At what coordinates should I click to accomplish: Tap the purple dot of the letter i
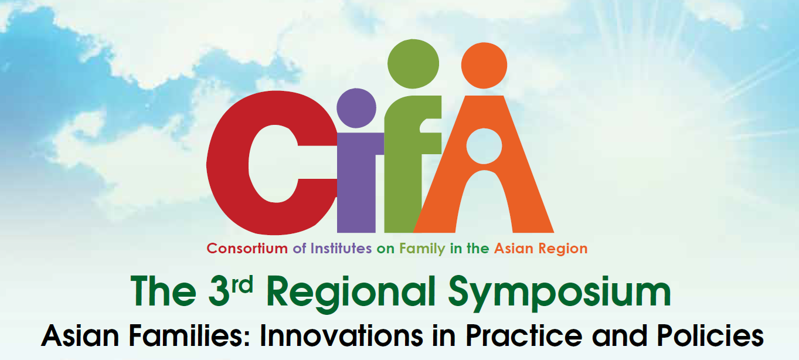coord(356,108)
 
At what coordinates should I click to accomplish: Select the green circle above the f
coord(413,64)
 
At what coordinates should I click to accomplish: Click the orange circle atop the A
coord(484,65)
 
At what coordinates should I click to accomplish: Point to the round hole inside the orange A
coord(484,146)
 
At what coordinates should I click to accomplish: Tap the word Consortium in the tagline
coord(247,249)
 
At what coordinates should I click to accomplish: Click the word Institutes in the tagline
coord(341,249)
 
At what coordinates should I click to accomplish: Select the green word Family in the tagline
coord(422,249)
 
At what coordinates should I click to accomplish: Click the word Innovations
coord(342,335)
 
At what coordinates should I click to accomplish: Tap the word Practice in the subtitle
coord(523,335)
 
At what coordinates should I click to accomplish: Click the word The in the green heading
coord(164,291)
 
